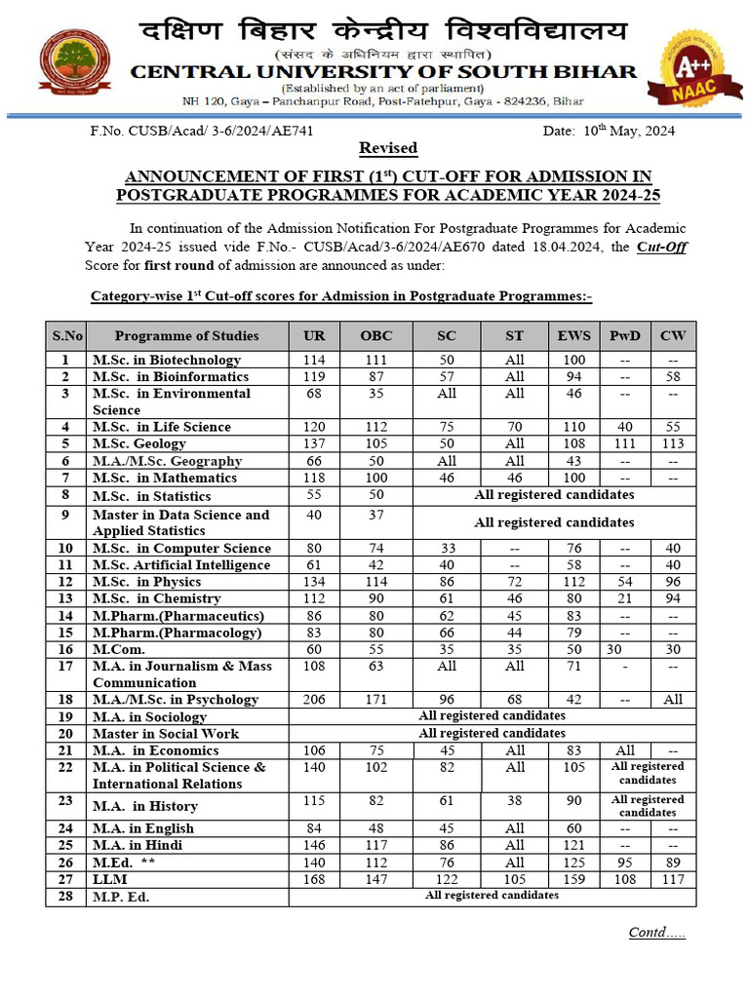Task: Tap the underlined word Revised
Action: click(388, 148)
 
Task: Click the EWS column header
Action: click(573, 335)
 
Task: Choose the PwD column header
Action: click(625, 335)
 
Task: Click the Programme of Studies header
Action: click(187, 335)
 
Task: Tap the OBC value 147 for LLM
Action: click(376, 879)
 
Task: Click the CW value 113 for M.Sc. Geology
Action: click(673, 444)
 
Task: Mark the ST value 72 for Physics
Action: click(514, 582)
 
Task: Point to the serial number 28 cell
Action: click(66, 897)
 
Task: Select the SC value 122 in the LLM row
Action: click(447, 879)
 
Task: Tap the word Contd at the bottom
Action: click(649, 932)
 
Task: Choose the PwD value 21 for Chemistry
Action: click(625, 598)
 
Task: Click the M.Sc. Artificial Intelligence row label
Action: click(181, 565)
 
